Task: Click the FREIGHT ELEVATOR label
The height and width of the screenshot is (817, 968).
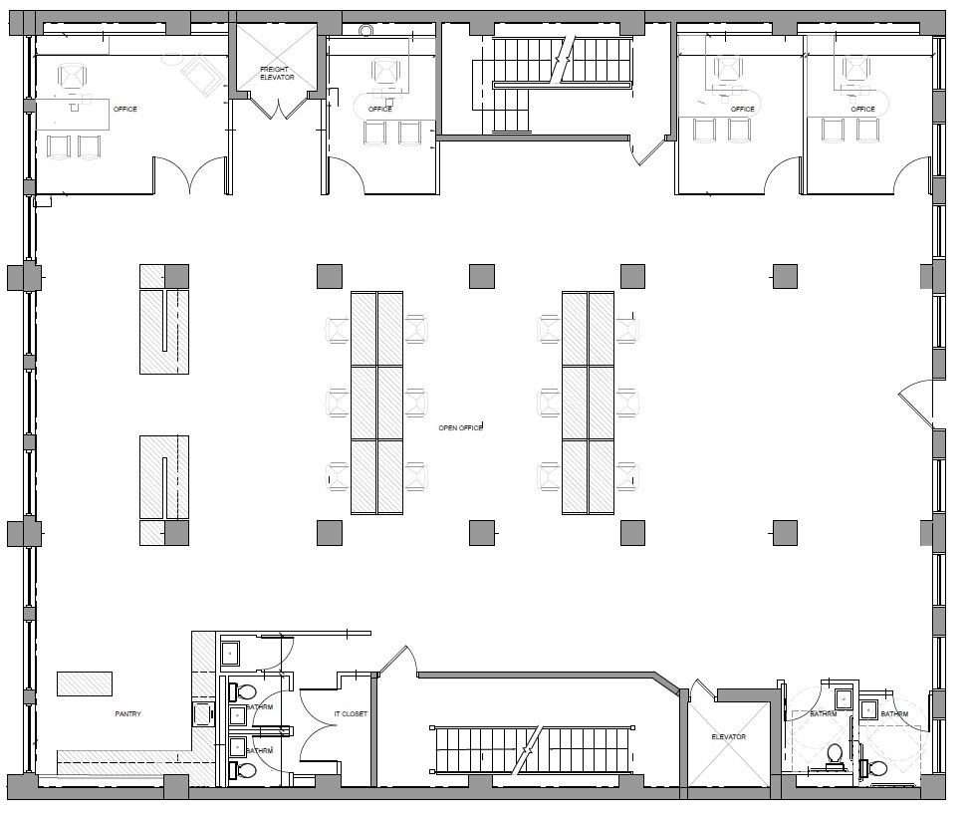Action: coord(277,74)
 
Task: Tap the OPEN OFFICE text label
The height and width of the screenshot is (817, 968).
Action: coord(460,427)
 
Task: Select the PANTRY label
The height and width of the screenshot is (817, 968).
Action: coord(127,713)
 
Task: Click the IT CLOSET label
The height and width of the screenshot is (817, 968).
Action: coord(351,713)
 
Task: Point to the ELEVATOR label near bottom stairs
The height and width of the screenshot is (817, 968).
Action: coord(728,736)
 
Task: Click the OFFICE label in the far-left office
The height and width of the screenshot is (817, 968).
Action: coord(125,109)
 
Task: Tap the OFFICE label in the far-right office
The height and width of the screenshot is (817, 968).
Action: coord(863,109)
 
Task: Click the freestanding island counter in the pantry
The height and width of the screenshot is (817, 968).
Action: coord(85,683)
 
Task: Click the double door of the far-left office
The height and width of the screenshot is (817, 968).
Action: coord(190,175)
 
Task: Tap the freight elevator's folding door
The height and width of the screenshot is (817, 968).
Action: coord(277,106)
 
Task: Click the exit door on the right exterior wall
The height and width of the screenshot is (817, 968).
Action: coord(917,404)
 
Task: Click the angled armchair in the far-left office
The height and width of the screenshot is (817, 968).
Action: coord(202,73)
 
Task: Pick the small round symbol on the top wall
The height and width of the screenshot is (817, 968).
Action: coord(364,30)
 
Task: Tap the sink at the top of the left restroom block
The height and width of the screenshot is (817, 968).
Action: coord(230,653)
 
